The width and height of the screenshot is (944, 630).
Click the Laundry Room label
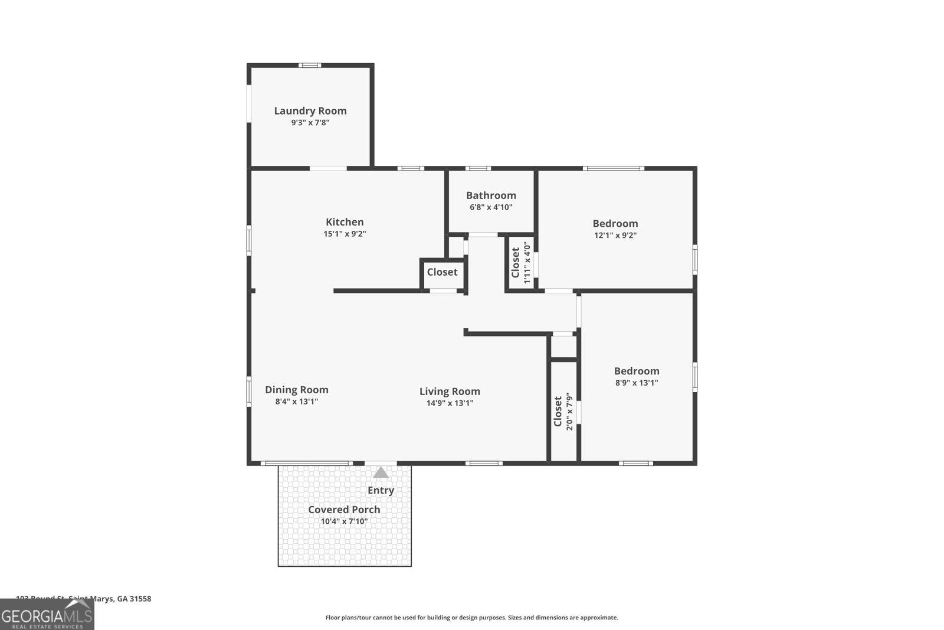click(310, 110)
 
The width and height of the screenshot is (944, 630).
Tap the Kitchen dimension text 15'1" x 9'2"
click(345, 234)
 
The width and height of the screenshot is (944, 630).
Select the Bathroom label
click(491, 195)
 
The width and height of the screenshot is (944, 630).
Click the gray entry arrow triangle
click(381, 472)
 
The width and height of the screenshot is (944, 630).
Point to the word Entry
click(381, 490)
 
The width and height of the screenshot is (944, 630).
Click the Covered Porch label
click(344, 510)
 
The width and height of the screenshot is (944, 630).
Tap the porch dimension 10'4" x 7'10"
click(344, 521)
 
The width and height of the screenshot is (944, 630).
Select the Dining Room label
click(296, 390)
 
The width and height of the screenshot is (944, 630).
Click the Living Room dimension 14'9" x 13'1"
click(450, 403)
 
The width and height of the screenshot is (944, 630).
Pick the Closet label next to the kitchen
click(442, 272)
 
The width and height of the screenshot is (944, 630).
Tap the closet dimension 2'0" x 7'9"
click(569, 412)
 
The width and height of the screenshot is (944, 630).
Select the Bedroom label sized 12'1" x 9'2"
click(615, 223)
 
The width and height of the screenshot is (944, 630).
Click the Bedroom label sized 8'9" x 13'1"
click(636, 371)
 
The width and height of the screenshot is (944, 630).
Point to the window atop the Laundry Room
click(309, 65)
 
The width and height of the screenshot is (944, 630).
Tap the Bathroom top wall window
click(477, 168)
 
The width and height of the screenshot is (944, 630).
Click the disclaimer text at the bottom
click(471, 618)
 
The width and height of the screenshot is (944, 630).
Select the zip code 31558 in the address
click(140, 599)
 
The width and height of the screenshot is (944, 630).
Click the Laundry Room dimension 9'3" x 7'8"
click(310, 123)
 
